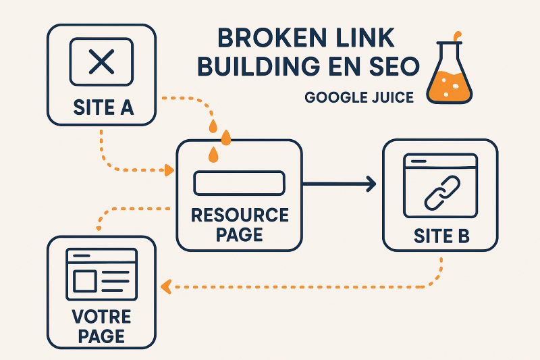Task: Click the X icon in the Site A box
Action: (x=101, y=62)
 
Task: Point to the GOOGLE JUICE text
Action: (x=359, y=97)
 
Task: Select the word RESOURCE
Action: (x=240, y=215)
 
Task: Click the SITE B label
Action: (x=440, y=236)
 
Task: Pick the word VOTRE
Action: (x=101, y=317)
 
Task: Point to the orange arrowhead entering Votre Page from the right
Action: (x=164, y=287)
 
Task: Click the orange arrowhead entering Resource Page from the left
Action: (x=169, y=170)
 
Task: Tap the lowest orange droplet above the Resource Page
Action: (x=213, y=155)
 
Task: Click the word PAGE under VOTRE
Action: (x=101, y=336)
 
